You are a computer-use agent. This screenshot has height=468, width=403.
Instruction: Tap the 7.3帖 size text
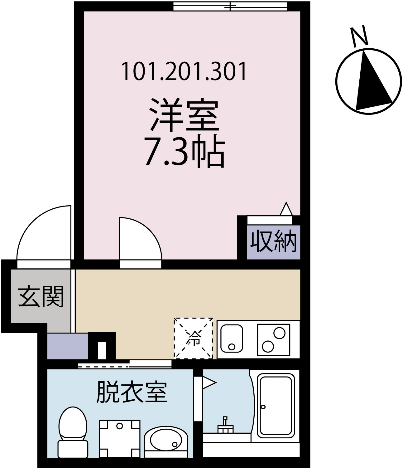[x=185, y=153]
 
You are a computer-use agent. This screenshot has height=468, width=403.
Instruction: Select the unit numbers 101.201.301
[x=184, y=71]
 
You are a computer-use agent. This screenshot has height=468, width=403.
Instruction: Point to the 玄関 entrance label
[x=41, y=296]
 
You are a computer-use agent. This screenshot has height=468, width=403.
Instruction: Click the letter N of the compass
[x=359, y=36]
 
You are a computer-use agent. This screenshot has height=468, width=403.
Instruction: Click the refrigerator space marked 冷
[x=194, y=338]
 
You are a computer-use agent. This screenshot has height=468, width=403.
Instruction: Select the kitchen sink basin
[x=232, y=339]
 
